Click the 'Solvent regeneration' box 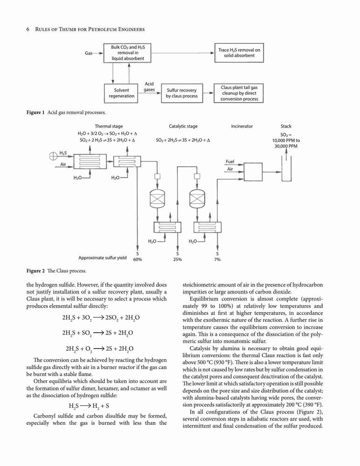coord(121,93)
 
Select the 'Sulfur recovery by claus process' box coord(182,93)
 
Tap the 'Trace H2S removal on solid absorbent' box coord(239,53)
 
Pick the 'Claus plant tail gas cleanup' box coord(239,93)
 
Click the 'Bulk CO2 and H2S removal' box coord(127,53)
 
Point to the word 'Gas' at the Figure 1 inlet coord(89,53)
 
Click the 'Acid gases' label coord(149,87)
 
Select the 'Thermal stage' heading coord(109,126)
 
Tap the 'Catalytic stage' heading coord(183,126)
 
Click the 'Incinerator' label coord(242,126)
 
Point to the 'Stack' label coord(286,126)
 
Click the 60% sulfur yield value coord(138,260)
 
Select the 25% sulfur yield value coord(178,260)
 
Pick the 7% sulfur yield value coord(217,260)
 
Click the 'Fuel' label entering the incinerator coord(230,162)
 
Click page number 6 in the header coord(28,29)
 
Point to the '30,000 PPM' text coord(286,146)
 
